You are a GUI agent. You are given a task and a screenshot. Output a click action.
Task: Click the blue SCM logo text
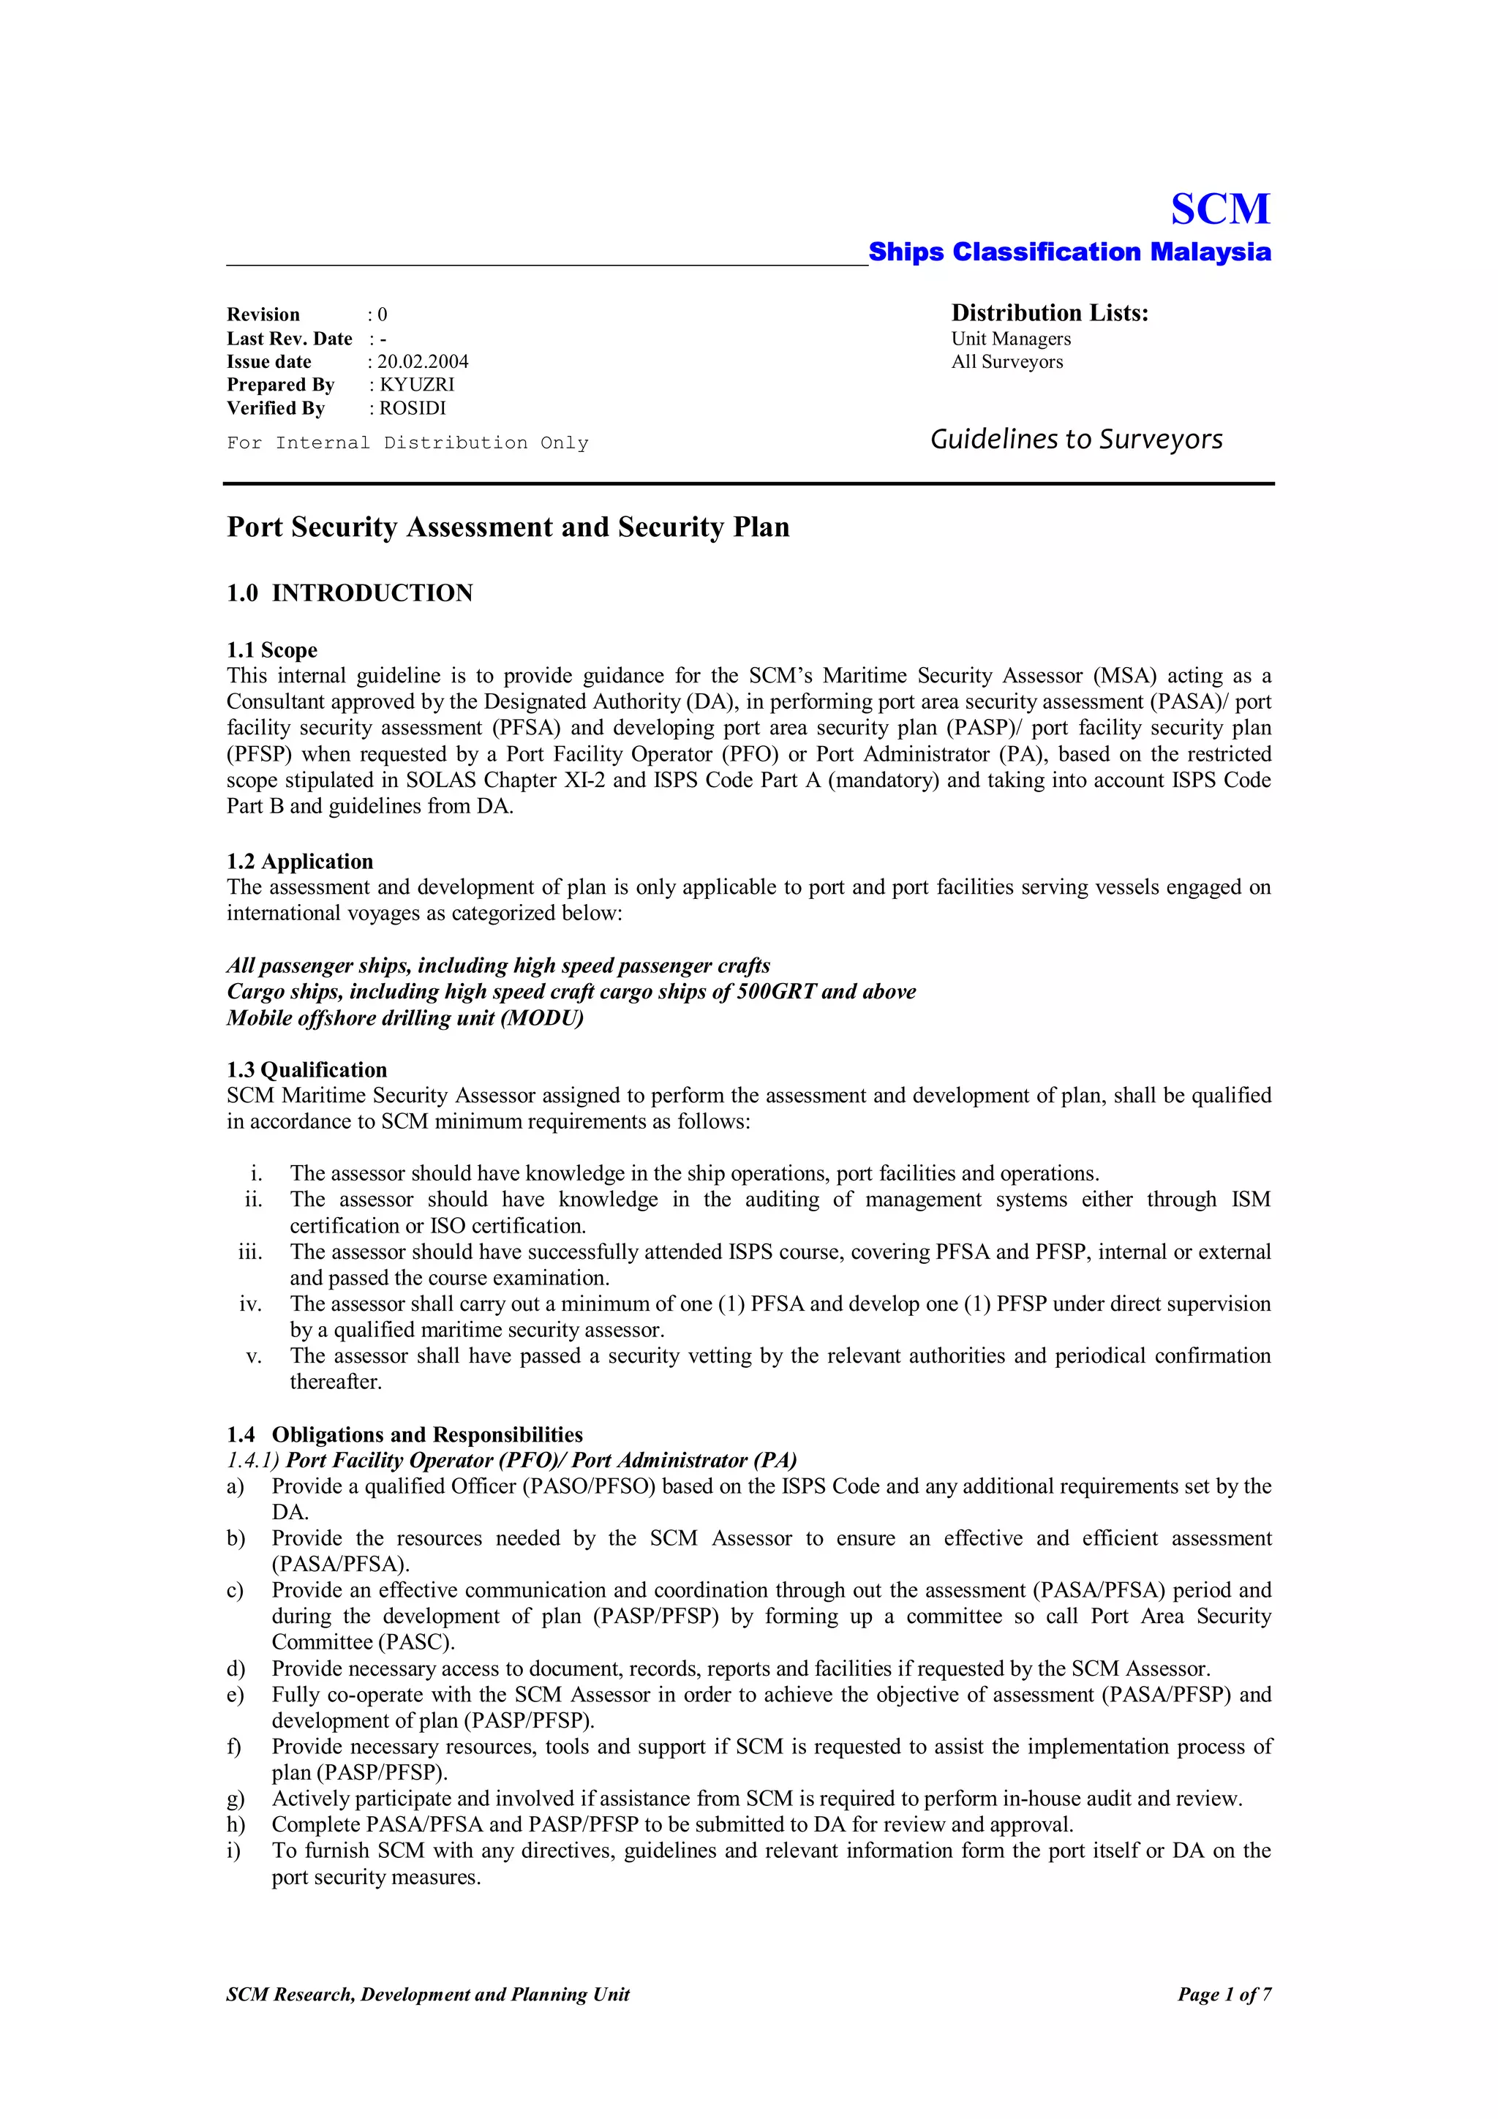[1220, 209]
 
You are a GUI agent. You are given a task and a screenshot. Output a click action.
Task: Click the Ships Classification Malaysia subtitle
[1069, 252]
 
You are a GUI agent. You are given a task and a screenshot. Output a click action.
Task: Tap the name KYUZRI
[416, 385]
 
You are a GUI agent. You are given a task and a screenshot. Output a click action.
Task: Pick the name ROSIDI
[412, 408]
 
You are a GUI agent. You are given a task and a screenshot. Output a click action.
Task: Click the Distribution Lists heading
[1050, 314]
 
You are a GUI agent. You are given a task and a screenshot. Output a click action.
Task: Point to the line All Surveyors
[1007, 362]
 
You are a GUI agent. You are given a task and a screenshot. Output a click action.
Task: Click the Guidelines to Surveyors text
[1075, 440]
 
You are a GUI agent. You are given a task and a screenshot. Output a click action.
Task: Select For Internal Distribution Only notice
[407, 443]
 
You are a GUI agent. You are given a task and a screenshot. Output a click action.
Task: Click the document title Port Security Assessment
[508, 527]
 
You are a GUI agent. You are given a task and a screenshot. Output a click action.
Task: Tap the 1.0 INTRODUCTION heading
[350, 593]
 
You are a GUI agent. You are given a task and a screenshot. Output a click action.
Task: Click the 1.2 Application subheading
[300, 861]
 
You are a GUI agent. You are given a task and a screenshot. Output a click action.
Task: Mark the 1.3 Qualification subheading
[306, 1069]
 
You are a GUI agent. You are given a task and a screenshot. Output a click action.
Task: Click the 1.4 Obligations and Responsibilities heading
[404, 1434]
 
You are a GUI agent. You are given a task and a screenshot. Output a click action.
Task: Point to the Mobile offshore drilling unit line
[405, 1018]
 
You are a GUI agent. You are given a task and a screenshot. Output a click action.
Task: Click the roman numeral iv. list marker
[250, 1304]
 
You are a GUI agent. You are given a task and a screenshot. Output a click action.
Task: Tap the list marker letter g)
[236, 1799]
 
